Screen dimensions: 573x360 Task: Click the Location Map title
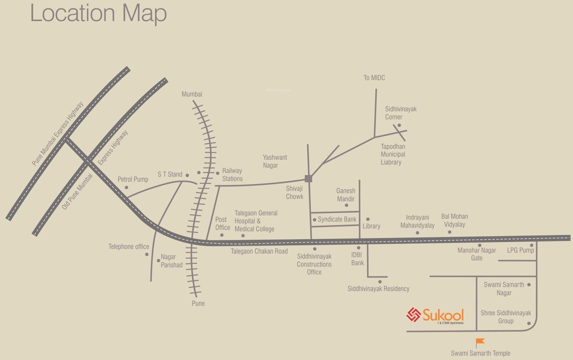point(98,13)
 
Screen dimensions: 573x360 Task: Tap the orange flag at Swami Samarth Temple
point(480,343)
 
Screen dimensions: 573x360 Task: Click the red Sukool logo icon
point(414,315)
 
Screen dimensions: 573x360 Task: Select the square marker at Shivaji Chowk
point(308,178)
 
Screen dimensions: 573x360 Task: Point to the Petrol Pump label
point(133,179)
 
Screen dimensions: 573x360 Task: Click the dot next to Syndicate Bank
point(315,219)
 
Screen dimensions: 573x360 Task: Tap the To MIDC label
point(374,78)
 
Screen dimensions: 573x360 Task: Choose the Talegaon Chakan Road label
point(259,251)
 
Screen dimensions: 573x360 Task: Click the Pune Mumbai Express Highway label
point(57,134)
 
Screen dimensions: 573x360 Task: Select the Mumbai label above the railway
point(192,94)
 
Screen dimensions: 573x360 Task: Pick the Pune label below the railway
point(198,303)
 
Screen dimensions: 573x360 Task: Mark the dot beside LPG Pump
point(532,245)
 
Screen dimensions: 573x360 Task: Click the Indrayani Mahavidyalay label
point(417,221)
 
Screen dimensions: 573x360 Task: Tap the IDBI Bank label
point(358,259)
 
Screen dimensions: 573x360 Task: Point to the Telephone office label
point(128,247)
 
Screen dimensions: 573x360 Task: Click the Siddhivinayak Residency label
point(378,289)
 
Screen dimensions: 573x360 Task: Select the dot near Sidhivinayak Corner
point(399,125)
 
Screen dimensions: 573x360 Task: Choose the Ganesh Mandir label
point(346,195)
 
